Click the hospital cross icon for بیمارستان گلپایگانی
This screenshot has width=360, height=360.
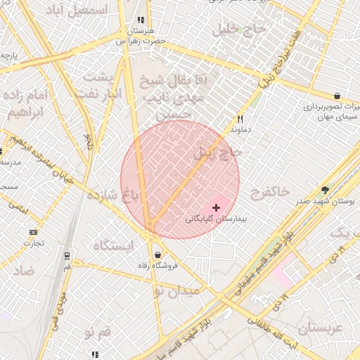(x=216, y=207)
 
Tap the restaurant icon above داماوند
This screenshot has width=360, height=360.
(x=240, y=120)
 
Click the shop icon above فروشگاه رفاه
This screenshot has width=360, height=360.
(x=156, y=255)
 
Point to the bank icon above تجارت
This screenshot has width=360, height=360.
(x=33, y=232)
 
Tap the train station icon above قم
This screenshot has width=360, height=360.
(x=67, y=255)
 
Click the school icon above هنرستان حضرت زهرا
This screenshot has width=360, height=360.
(x=141, y=20)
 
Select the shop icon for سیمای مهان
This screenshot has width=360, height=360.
(x=337, y=96)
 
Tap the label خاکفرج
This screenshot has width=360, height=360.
(x=269, y=191)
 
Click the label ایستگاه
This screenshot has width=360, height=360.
(x=112, y=245)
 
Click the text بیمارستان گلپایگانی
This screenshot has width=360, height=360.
(x=212, y=219)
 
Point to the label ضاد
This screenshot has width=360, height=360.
(x=24, y=271)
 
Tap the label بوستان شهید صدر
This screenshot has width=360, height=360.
(x=324, y=201)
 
